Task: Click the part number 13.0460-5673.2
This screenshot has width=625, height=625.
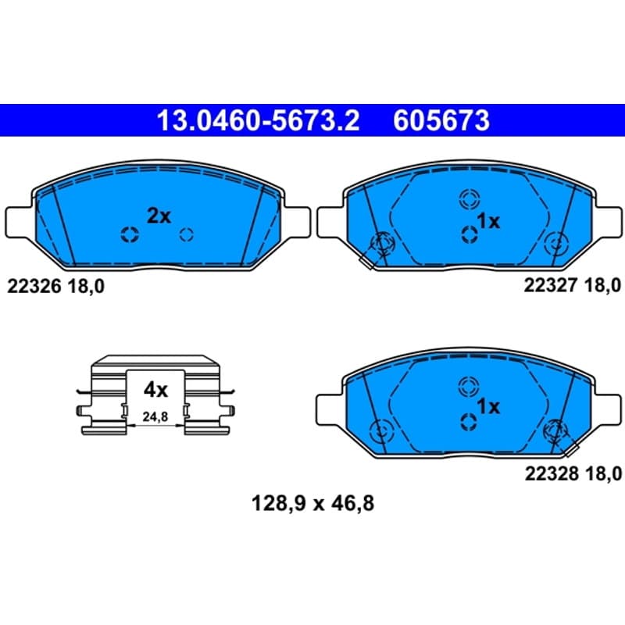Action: coord(258,120)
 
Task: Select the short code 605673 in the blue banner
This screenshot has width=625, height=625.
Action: coord(441,120)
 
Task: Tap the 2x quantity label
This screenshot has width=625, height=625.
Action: coord(159,216)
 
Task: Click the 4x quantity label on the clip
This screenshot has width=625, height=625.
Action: coord(155,390)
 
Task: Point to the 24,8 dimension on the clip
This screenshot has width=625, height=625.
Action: coord(155,417)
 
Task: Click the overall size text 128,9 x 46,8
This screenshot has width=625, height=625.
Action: coord(313,503)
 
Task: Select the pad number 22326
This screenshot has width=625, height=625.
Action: coord(34,286)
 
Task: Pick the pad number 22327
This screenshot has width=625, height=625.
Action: coord(551,285)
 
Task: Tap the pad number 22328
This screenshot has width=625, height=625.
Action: coord(552,474)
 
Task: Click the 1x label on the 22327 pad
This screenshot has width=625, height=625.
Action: coord(488,221)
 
